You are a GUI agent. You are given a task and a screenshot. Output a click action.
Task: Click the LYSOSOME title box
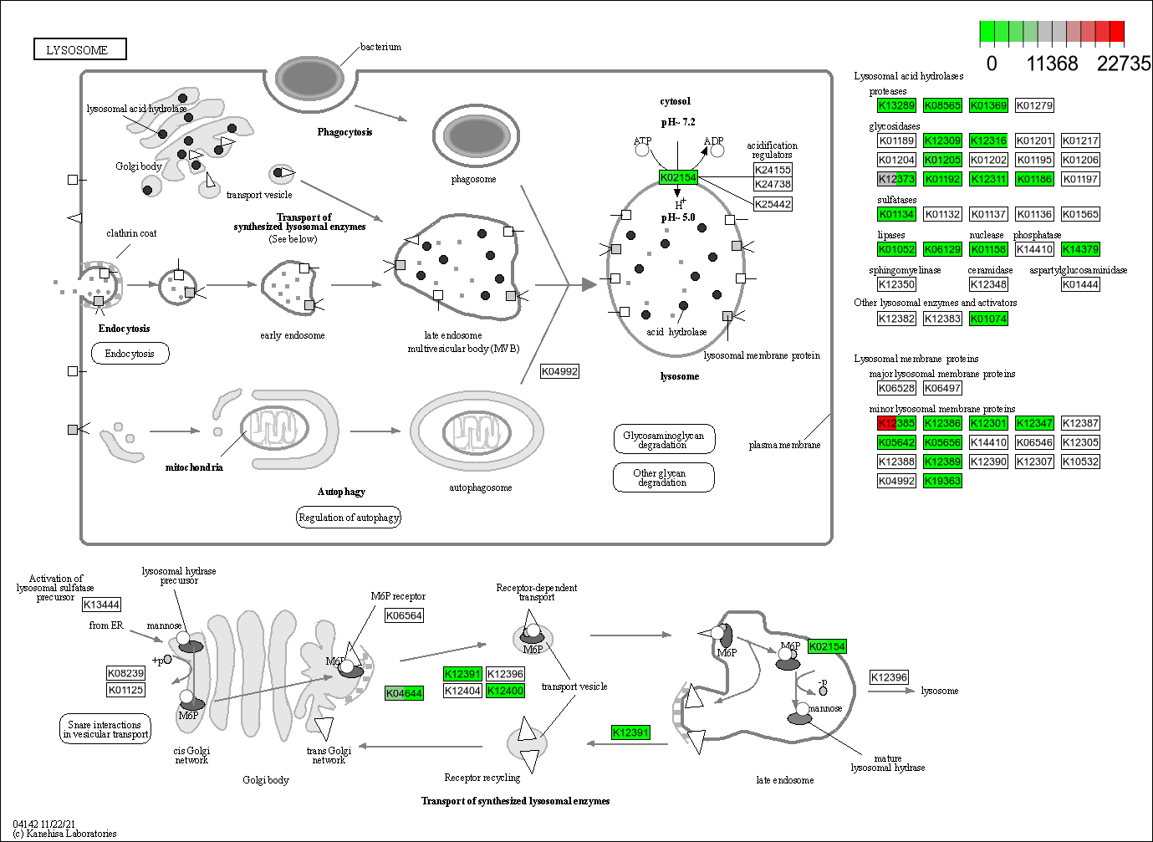tap(79, 50)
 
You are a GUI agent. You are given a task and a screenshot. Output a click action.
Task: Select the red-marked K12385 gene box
tap(896, 423)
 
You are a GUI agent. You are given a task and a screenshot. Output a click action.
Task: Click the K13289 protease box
tap(896, 105)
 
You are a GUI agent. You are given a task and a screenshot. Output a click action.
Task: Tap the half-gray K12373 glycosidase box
tap(896, 179)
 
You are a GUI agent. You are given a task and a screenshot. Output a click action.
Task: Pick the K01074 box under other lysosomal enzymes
tap(988, 319)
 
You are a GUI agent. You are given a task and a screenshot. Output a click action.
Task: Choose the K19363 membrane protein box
tap(942, 481)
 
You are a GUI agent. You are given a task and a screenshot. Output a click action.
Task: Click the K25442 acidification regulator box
tap(773, 204)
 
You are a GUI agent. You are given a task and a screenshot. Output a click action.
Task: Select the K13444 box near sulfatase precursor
tap(101, 605)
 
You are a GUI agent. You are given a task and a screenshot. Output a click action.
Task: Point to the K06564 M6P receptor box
tap(404, 615)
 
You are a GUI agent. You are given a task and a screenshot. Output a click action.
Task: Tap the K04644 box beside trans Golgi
tap(404, 693)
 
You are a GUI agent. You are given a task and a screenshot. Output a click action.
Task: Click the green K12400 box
tap(505, 691)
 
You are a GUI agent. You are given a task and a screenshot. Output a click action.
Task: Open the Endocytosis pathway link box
tap(130, 354)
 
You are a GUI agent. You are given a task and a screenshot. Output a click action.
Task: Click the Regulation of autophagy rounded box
tap(349, 518)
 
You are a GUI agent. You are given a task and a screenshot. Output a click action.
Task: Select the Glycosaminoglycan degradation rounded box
tap(663, 440)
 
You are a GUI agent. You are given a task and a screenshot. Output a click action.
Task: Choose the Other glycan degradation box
tap(663, 477)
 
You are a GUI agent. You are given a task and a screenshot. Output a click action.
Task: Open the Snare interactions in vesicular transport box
tap(105, 729)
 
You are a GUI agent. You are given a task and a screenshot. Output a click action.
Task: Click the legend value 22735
tap(1123, 64)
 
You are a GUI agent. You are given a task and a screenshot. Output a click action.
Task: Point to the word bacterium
tap(380, 47)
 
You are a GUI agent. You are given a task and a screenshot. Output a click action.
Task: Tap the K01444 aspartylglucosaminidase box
tap(1080, 284)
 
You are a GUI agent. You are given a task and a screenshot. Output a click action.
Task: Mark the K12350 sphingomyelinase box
tap(896, 284)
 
